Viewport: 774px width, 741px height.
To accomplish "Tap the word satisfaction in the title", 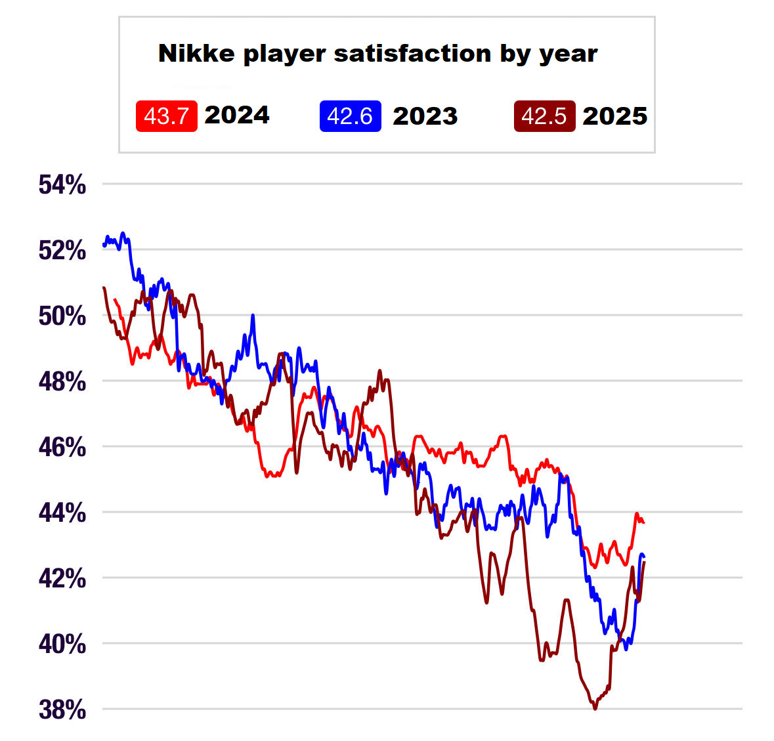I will tap(412, 53).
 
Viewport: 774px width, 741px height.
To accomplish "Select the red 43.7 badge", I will tap(166, 116).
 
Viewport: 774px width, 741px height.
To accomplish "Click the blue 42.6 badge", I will tap(350, 116).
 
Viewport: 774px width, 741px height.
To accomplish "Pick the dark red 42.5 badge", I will tap(544, 116).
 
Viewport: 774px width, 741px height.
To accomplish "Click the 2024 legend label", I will tap(237, 115).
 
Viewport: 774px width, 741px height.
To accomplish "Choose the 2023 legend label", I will tap(425, 116).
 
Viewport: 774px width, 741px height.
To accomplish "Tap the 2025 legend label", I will tap(615, 116).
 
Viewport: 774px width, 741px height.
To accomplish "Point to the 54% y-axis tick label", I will tap(62, 185).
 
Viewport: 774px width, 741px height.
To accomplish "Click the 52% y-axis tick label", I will tap(62, 251).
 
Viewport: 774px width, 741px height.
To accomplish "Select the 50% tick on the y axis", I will tap(62, 316).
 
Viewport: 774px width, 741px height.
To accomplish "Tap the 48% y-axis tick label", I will tap(62, 381).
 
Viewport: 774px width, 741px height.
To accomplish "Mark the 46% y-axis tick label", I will tap(62, 448).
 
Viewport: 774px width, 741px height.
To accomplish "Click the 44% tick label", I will tap(62, 513).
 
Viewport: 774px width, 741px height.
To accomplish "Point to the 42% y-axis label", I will tap(62, 579).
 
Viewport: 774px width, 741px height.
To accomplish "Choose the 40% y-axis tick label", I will tap(62, 645).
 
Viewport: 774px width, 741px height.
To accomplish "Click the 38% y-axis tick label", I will tap(62, 710).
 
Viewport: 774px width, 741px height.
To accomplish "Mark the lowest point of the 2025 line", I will tap(595, 709).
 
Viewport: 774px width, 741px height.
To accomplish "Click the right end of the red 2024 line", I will tap(644, 522).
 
